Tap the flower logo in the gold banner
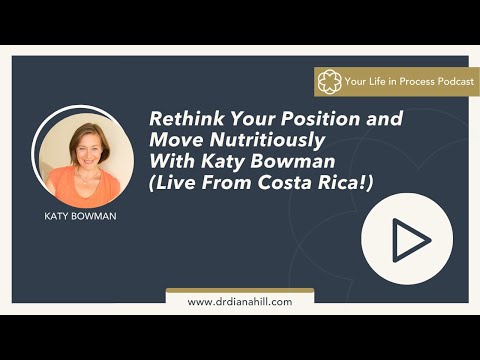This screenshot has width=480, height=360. pyautogui.click(x=329, y=82)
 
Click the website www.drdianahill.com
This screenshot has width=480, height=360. pyautogui.click(x=239, y=301)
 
